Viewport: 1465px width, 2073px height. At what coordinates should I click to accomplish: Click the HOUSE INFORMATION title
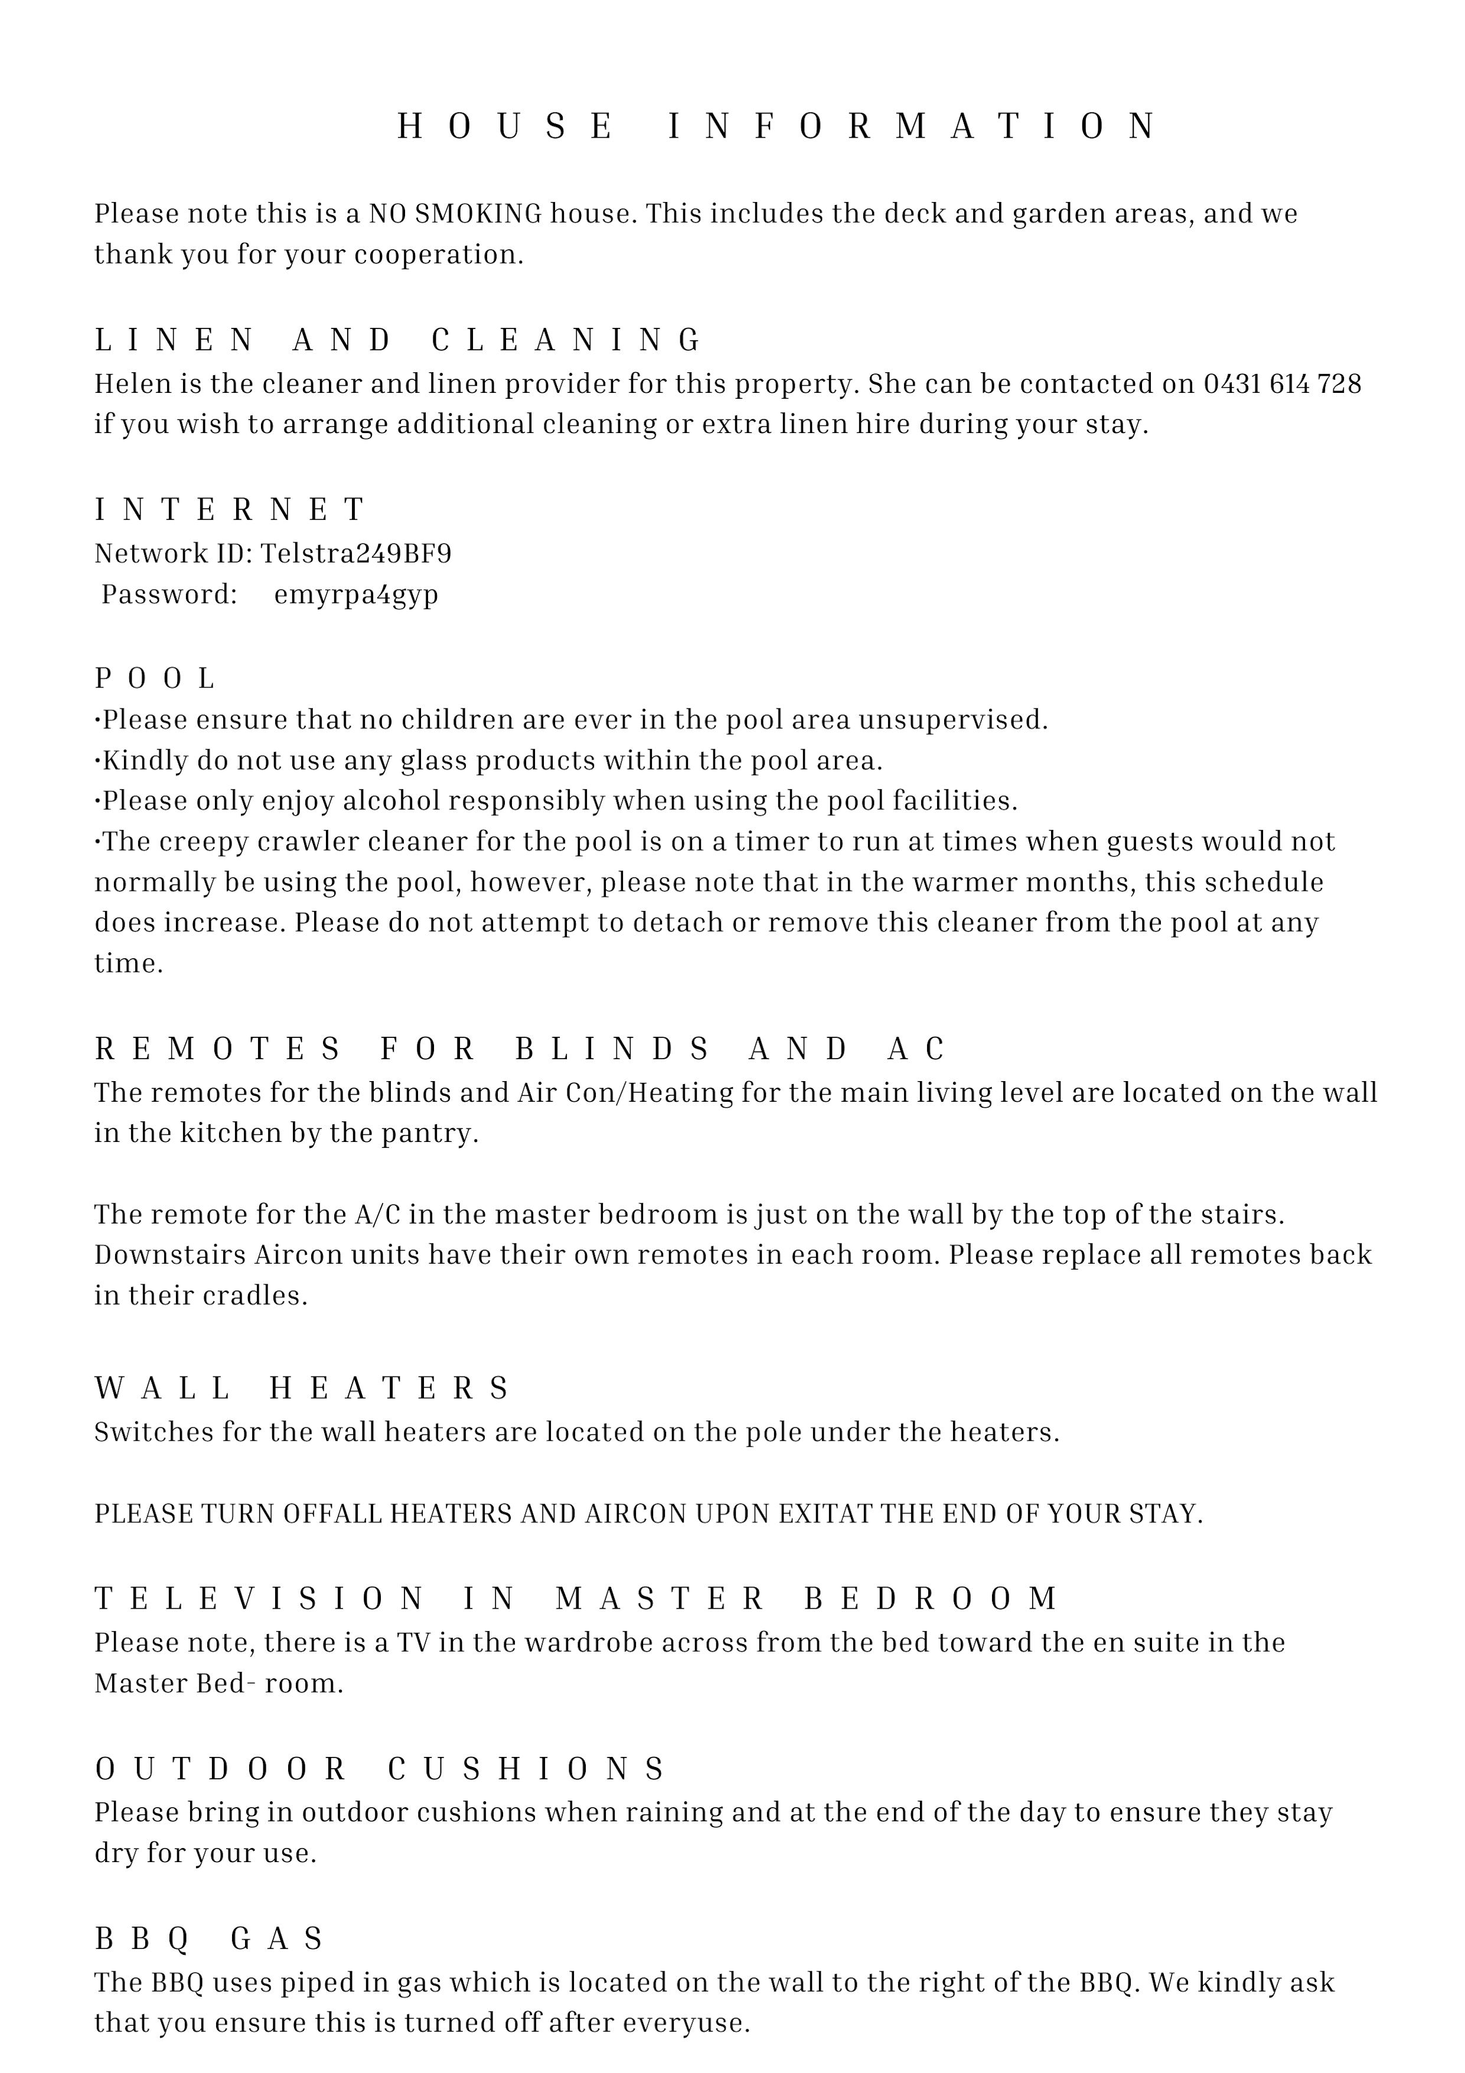pyautogui.click(x=777, y=126)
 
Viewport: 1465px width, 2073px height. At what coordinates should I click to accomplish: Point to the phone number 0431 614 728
pyautogui.click(x=1282, y=384)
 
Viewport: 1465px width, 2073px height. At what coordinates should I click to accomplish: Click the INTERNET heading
pyautogui.click(x=230, y=510)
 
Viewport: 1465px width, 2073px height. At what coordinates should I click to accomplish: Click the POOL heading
pyautogui.click(x=155, y=678)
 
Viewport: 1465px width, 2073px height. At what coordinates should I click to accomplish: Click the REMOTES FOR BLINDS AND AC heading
pyautogui.click(x=520, y=1049)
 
